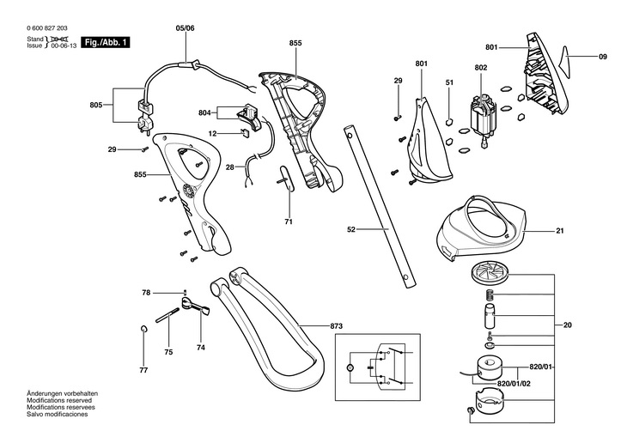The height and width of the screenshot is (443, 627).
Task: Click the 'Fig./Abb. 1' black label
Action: coord(106,42)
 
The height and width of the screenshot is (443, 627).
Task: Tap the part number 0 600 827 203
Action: coord(47,28)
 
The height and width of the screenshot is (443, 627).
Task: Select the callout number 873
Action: coord(337,326)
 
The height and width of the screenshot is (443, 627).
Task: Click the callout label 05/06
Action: coord(186,28)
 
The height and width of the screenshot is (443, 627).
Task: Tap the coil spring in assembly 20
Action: coord(490,296)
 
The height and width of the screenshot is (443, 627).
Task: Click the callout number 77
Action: coord(143,370)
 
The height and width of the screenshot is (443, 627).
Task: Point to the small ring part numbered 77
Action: coord(144,329)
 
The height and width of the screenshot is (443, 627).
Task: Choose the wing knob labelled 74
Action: coord(195,305)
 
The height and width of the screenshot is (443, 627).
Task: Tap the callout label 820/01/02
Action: coord(514,384)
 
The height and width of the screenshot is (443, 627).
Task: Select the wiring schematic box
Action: coord(377,367)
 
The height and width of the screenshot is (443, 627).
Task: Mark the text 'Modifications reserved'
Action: coord(59,400)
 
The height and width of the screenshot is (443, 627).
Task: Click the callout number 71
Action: coord(289,221)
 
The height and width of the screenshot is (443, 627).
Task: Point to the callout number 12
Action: coord(212,133)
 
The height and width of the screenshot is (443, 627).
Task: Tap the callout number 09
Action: coord(603,57)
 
